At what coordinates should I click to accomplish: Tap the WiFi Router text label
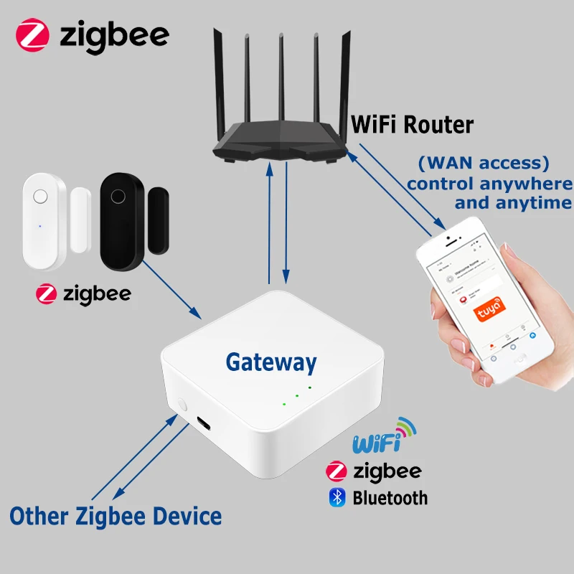pyautogui.click(x=412, y=124)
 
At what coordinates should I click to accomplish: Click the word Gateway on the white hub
pyautogui.click(x=270, y=362)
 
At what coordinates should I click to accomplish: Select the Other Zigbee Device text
pyautogui.click(x=116, y=515)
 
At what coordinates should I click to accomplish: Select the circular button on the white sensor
pyautogui.click(x=41, y=195)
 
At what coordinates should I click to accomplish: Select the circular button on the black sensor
pyautogui.click(x=117, y=194)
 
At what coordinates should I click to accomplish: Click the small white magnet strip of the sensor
pyautogui.click(x=80, y=220)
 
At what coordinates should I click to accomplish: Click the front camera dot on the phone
pyautogui.click(x=447, y=237)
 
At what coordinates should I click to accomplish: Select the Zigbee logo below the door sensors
pyautogui.click(x=84, y=294)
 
